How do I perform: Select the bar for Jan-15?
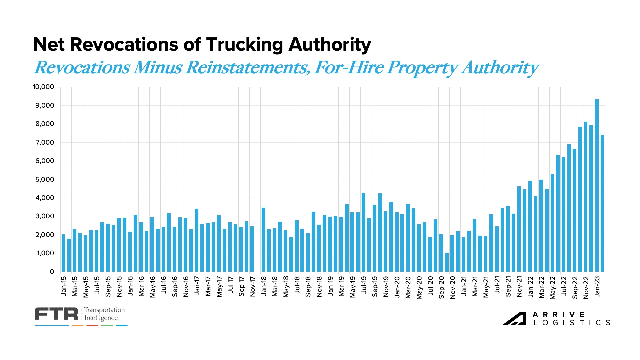tap(63, 253)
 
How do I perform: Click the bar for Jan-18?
tap(263, 240)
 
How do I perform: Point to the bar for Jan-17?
tap(197, 240)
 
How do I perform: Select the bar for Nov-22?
tap(586, 197)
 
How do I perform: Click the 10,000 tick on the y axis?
tap(43, 87)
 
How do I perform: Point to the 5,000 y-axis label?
tap(45, 179)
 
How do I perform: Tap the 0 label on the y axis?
tap(52, 272)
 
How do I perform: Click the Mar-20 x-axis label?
tap(408, 287)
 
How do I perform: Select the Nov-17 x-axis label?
tap(253, 286)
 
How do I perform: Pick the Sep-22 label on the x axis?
tap(575, 287)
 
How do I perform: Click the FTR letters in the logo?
tap(56, 314)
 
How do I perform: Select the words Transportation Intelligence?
tap(104, 314)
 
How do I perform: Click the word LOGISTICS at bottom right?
tap(572, 323)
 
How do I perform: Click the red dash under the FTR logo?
tap(92, 325)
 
